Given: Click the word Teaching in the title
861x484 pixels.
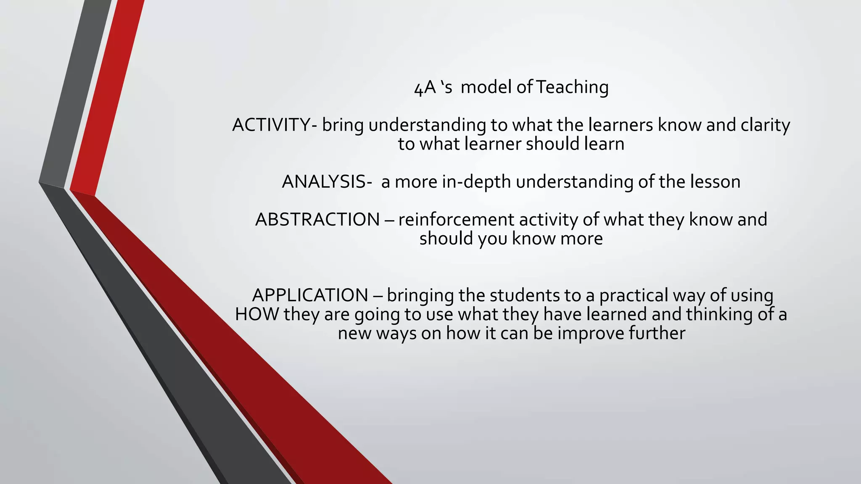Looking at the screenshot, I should [572, 87].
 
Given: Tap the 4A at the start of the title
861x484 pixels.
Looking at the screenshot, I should [425, 88].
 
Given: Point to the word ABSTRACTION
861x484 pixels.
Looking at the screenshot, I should [317, 220].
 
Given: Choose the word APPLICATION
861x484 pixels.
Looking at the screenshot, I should [310, 295].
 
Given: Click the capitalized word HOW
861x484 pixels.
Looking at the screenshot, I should [257, 314].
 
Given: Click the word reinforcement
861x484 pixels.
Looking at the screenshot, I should [456, 220].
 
